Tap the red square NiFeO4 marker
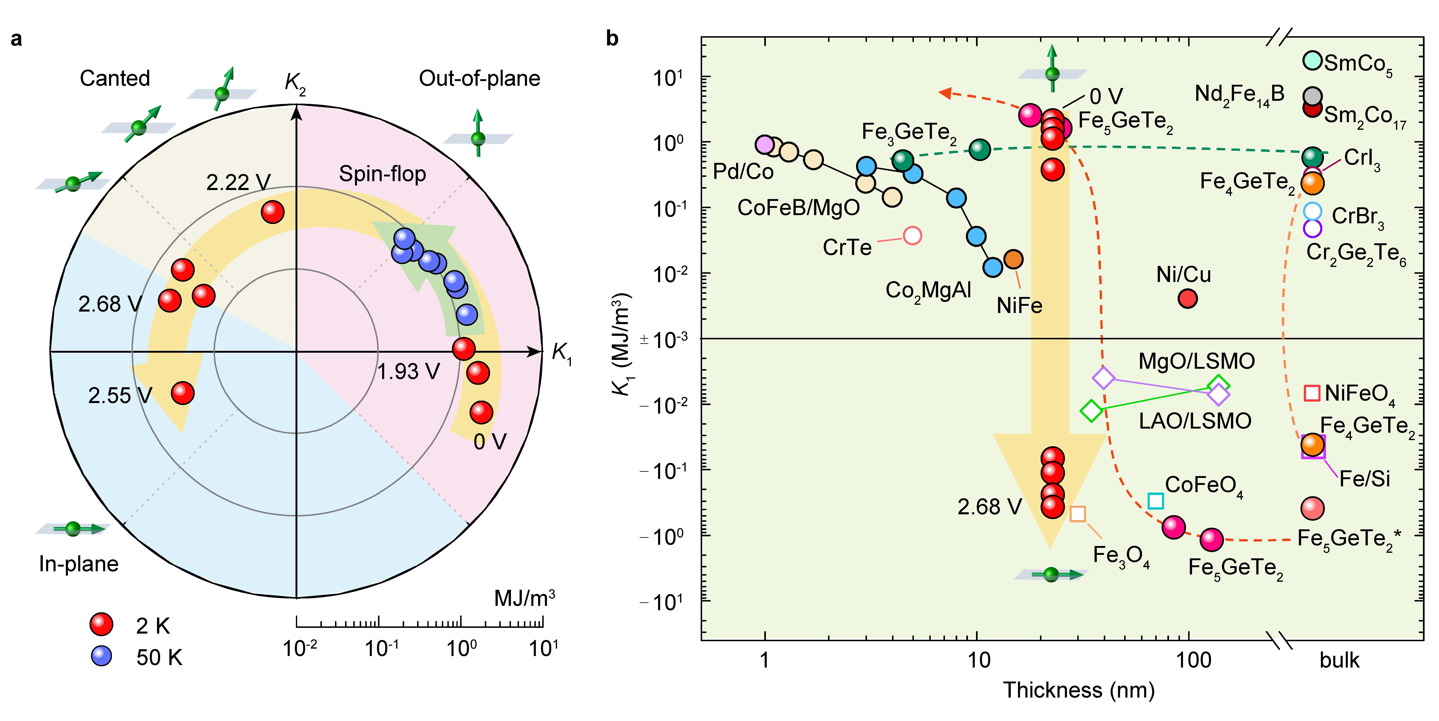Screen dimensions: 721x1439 coord(1312,393)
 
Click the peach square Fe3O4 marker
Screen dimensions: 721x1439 coord(1078,514)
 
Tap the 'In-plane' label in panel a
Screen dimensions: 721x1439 coord(79,564)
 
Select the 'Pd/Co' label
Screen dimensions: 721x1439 coord(743,172)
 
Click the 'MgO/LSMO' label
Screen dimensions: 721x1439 coord(1197,361)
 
